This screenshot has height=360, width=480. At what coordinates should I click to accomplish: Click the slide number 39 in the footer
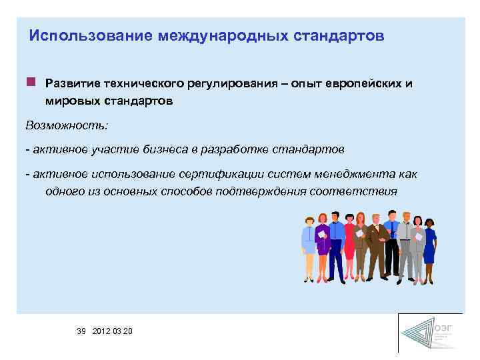tap(81, 331)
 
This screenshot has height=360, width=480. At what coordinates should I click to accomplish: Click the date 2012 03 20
tap(113, 331)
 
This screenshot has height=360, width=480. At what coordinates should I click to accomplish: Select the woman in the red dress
tap(348, 243)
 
